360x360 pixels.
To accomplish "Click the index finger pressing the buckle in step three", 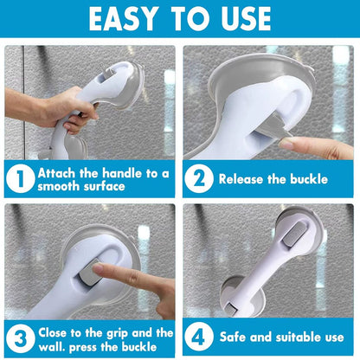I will (121, 276).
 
